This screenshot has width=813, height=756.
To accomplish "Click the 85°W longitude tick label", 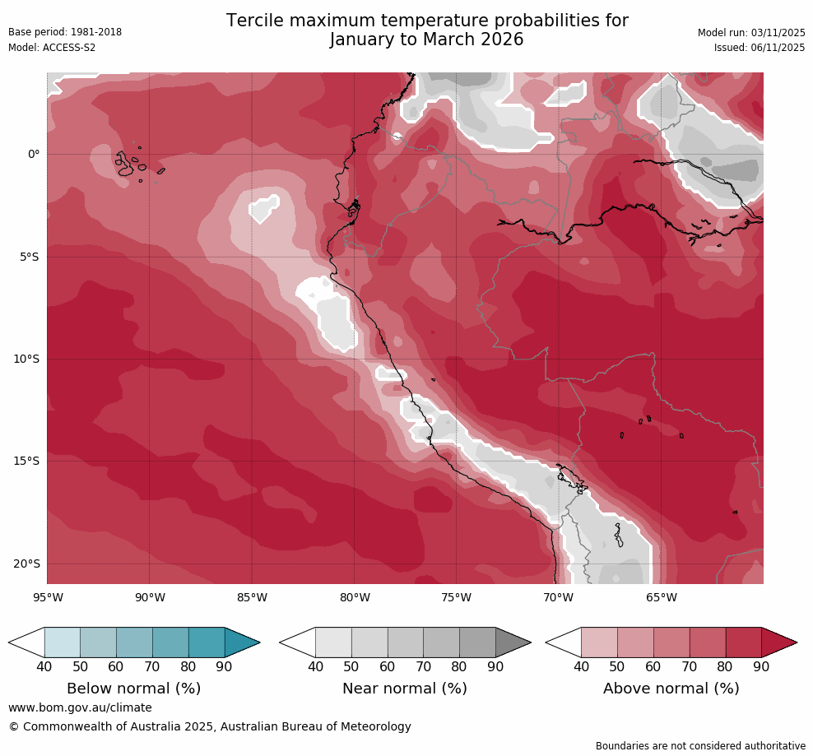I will pos(252,597).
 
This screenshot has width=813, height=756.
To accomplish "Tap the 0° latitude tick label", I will pos(33,154).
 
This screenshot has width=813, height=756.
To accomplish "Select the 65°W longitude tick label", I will pos(661,597).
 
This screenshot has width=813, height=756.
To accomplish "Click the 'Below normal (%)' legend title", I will pos(134,689).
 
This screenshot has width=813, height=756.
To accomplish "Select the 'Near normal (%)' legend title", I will pos(405,689).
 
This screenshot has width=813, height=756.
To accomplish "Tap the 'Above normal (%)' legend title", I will pos(671,689).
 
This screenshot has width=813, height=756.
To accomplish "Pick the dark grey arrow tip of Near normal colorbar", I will pos(512,642).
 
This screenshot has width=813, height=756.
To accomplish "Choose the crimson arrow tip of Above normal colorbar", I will pos(778,642).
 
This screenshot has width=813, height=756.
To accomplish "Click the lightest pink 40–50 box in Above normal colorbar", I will pos(599,642).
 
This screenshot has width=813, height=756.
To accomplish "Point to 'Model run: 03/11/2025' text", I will pos(751,33).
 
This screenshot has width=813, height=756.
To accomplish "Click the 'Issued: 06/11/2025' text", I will pos(760,48).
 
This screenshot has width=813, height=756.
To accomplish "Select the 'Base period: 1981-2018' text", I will pos(65,33).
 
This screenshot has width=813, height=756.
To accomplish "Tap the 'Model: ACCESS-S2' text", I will pos(52,48).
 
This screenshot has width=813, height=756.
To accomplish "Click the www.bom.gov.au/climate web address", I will pos(80,707).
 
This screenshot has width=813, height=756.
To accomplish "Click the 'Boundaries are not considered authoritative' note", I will pos(700,746).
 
